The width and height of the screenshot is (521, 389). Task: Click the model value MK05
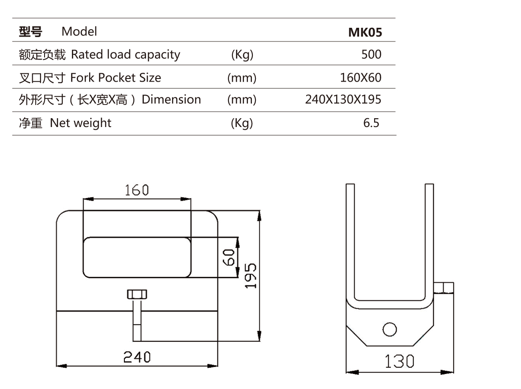tap(365, 32)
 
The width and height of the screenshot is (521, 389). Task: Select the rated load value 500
tap(371, 55)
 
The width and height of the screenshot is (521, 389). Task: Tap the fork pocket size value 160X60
tap(360, 78)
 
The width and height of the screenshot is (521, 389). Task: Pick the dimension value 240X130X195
tap(343, 100)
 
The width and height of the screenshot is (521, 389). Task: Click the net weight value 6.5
tap(371, 123)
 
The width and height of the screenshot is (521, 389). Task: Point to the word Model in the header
tap(79, 32)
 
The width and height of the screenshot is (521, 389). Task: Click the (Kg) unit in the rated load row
tap(242, 55)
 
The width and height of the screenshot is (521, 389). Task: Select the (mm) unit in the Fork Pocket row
tap(241, 78)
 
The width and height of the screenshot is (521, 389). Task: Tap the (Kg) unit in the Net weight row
tap(242, 123)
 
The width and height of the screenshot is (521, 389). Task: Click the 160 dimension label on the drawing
tap(137, 190)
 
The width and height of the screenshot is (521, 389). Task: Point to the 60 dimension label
tap(228, 257)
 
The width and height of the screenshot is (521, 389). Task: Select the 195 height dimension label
tap(251, 276)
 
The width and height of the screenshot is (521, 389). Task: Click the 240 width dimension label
tap(137, 356)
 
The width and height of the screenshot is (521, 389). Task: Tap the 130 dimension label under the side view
tap(399, 362)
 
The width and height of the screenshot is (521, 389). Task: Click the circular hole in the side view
tap(390, 329)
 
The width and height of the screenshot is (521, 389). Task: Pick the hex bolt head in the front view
tap(137, 294)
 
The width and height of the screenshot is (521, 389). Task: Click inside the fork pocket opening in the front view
tap(137, 257)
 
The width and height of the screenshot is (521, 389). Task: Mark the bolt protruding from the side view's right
tap(443, 288)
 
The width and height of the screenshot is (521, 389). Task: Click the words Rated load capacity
tap(126, 55)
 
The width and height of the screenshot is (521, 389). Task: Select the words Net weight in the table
tap(81, 123)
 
